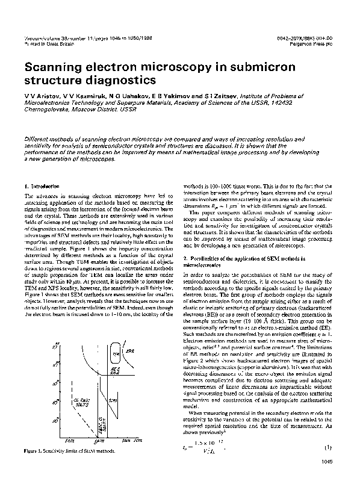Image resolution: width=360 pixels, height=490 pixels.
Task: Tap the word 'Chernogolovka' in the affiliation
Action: tap(47, 112)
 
